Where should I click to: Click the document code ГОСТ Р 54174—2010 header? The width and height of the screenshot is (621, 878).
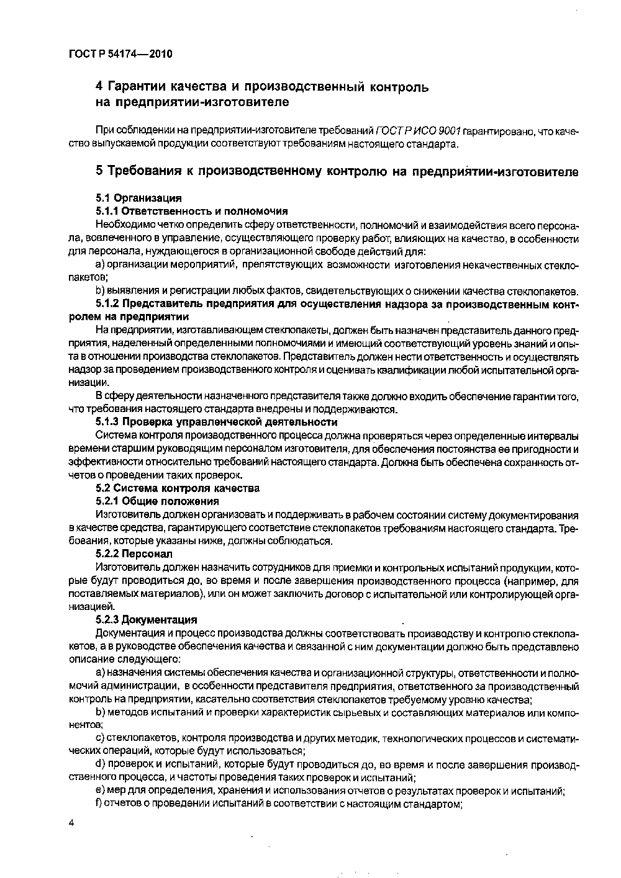point(120,54)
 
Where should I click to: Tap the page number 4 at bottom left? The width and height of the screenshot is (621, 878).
point(71,823)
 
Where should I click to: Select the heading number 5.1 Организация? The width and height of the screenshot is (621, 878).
point(138,198)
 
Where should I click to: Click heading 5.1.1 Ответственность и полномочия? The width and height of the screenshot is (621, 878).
point(191,211)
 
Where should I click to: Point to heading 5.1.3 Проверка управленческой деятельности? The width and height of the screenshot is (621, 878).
point(217,422)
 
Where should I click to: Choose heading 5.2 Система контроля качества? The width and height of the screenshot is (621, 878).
point(178,488)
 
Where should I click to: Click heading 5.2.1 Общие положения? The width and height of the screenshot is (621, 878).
point(157,501)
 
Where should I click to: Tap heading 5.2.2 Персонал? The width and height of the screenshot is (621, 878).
point(134,553)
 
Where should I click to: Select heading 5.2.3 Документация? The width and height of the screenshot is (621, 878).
point(146,619)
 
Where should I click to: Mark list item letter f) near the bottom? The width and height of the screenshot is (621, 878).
point(99,804)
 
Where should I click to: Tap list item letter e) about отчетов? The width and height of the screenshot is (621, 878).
point(99,791)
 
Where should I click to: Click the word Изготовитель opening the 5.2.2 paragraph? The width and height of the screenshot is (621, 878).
point(127,567)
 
